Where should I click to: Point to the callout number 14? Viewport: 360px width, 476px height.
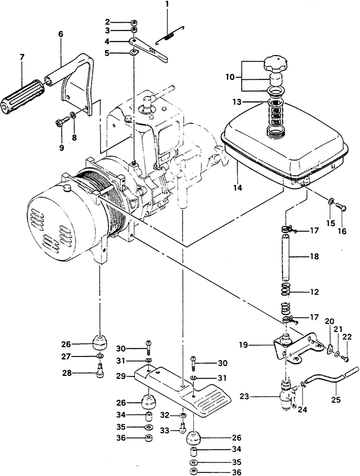[238, 188]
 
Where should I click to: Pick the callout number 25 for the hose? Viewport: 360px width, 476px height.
[336, 400]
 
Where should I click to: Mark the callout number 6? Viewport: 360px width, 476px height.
[60, 34]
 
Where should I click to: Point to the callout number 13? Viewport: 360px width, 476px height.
[237, 102]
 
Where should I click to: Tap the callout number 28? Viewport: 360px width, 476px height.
[67, 373]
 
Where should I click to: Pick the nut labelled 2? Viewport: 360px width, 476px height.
[134, 22]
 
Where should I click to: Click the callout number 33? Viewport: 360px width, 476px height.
[165, 430]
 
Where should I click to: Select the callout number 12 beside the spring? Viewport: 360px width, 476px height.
[314, 292]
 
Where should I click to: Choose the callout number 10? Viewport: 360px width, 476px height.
[230, 77]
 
